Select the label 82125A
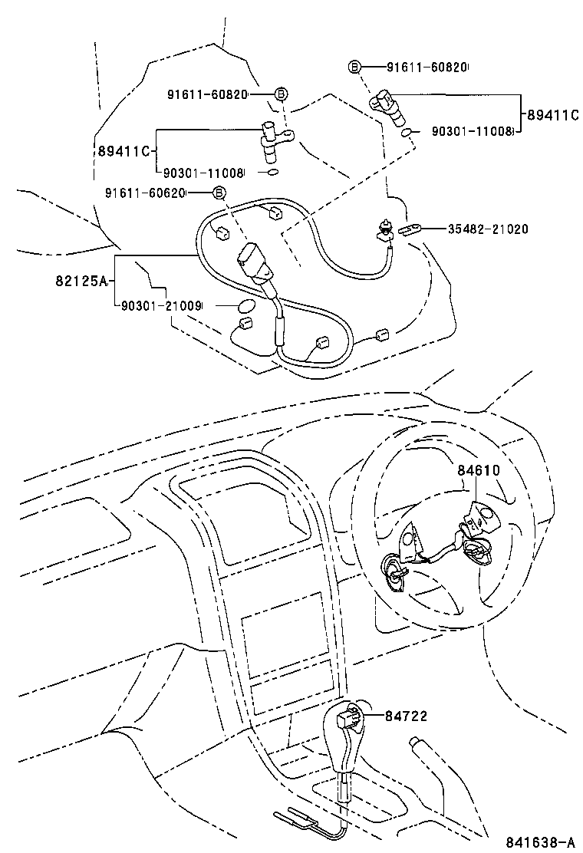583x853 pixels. click(79, 281)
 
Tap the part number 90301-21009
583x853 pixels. click(161, 305)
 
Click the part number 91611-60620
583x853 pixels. click(145, 193)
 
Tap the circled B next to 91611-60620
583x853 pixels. click(219, 193)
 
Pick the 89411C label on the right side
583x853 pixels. click(552, 115)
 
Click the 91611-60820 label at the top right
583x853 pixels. click(427, 68)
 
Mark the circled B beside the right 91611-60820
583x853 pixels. click(354, 68)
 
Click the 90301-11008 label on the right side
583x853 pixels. click(470, 131)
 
